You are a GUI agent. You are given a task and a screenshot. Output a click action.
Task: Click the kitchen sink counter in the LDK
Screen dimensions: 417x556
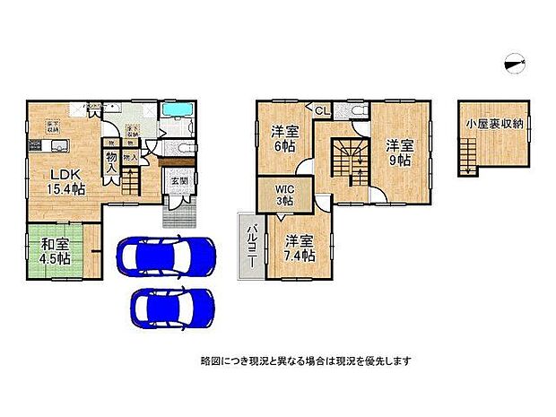pyautogui.click(x=33, y=149)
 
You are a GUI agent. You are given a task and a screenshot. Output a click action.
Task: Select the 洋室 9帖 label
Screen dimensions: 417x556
pyautogui.click(x=398, y=152)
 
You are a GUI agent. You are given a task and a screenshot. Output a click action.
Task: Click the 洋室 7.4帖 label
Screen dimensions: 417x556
pyautogui.click(x=300, y=248)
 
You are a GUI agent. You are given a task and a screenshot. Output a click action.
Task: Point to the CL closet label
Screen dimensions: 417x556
pyautogui.click(x=320, y=111)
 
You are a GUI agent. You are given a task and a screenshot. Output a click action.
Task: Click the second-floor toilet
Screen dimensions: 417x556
pyautogui.click(x=359, y=111)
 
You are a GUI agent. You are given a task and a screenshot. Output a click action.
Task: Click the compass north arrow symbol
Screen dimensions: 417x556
pyautogui.click(x=514, y=60)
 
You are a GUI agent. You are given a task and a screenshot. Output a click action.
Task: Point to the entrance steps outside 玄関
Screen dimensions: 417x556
pyautogui.click(x=176, y=214)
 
